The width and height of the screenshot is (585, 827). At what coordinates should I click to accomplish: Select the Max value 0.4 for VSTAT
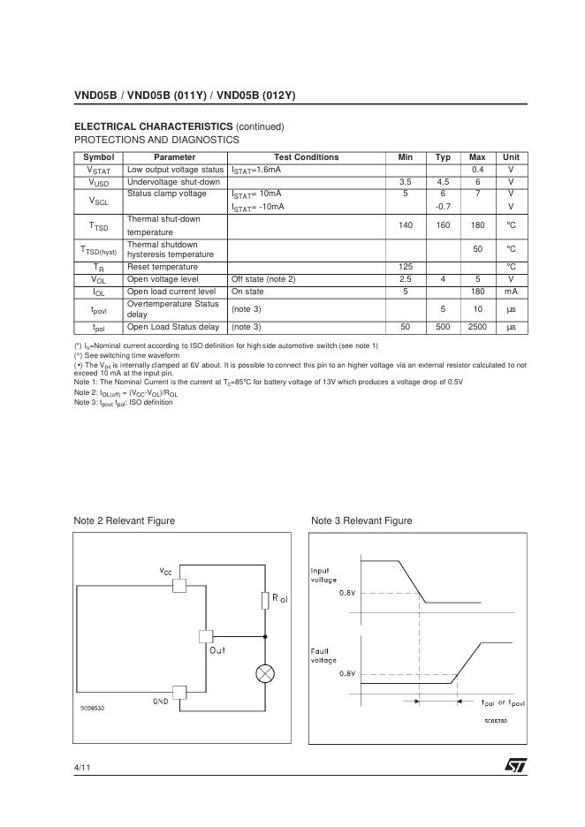click(x=477, y=169)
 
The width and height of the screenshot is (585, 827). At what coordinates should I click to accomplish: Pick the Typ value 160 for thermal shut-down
click(x=443, y=225)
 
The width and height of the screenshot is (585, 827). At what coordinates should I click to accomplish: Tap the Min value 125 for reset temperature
click(x=406, y=267)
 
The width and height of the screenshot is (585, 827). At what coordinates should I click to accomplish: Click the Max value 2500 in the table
click(x=477, y=327)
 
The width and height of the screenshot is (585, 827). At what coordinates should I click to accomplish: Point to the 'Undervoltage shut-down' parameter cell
click(x=173, y=181)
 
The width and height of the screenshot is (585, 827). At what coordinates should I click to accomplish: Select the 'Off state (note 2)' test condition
click(x=263, y=279)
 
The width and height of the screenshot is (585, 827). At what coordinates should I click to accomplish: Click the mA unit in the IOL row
click(x=511, y=291)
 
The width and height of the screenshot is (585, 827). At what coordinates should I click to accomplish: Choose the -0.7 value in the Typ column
click(x=443, y=206)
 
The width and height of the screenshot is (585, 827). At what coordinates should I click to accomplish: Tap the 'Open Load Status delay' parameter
click(x=173, y=327)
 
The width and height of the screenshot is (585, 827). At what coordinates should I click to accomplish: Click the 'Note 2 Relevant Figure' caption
click(x=125, y=520)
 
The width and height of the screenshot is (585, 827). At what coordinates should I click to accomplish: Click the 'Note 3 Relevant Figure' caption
click(x=361, y=520)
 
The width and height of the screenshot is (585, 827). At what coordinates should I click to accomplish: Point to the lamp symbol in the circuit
click(x=264, y=674)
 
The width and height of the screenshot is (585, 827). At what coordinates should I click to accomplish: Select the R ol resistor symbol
click(x=264, y=601)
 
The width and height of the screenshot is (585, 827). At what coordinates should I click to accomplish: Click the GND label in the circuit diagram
click(x=161, y=702)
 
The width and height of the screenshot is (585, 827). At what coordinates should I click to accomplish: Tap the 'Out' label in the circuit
click(x=217, y=650)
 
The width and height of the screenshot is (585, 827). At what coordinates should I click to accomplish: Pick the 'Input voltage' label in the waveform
click(x=323, y=575)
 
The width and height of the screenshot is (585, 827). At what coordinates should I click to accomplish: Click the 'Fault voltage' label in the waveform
click(x=323, y=655)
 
